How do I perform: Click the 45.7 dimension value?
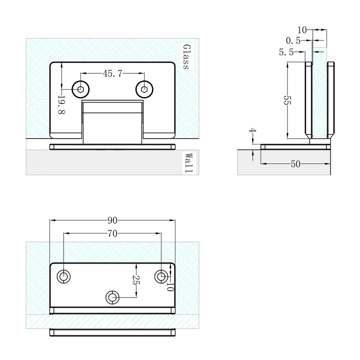pyautogui.click(x=112, y=74)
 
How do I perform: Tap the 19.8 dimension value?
pyautogui.click(x=62, y=106)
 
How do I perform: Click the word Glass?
pyautogui.click(x=186, y=57)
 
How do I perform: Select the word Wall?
pyautogui.click(x=189, y=163)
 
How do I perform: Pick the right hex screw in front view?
pyautogui.click(x=144, y=88)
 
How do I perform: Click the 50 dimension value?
pyautogui.click(x=296, y=164)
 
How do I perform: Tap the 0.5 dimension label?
pyautogui.click(x=293, y=41)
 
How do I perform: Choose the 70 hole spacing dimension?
pyautogui.click(x=112, y=234)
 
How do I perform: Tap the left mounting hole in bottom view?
pyautogui.click(x=64, y=277)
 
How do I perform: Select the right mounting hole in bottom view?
pyautogui.click(x=161, y=276)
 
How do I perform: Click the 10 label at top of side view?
pyautogui.click(x=302, y=30)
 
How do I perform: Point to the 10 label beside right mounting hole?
pyautogui.click(x=170, y=286)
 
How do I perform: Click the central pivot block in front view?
pyautogui.click(x=112, y=121)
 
